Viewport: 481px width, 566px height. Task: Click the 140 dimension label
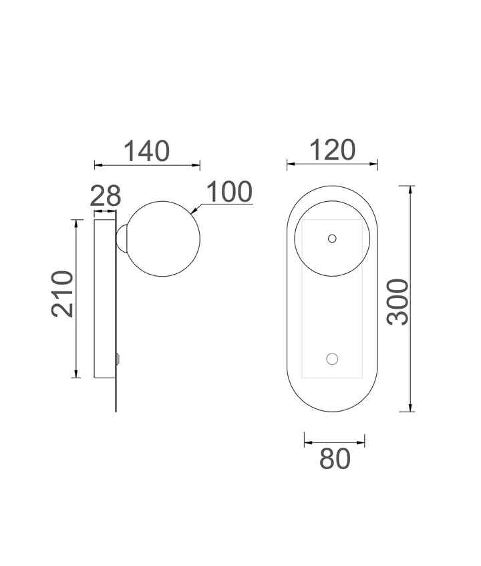click(146, 151)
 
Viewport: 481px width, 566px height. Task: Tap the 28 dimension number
click(106, 196)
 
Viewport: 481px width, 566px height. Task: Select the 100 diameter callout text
click(229, 192)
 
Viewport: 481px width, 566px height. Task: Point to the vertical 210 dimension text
click(63, 294)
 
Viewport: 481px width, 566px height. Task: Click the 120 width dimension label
click(332, 150)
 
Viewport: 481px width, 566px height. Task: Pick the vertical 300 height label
click(397, 302)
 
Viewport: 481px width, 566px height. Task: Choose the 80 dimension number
click(335, 459)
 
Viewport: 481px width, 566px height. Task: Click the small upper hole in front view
click(332, 239)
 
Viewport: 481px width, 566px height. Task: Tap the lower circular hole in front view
click(332, 359)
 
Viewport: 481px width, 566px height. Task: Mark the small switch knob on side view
click(118, 360)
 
